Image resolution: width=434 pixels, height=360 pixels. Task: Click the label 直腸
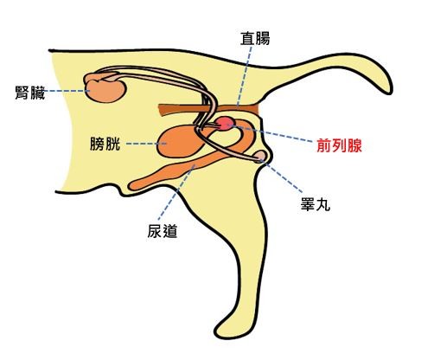pyautogui.click(x=255, y=39)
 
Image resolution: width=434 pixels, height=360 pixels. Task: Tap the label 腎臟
pyautogui.click(x=30, y=93)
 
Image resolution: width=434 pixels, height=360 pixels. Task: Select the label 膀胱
pyautogui.click(x=105, y=144)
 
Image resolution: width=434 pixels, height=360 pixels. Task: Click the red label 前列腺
pyautogui.click(x=339, y=145)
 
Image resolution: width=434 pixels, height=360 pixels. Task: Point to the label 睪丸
pyautogui.click(x=316, y=204)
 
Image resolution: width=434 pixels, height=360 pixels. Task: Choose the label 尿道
pyautogui.click(x=162, y=231)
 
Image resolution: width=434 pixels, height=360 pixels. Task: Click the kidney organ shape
pyautogui.click(x=106, y=91)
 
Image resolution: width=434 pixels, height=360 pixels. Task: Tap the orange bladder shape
pyautogui.click(x=179, y=142)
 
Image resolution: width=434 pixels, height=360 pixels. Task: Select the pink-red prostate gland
pyautogui.click(x=224, y=123)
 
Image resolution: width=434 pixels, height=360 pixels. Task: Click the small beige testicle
pyautogui.click(x=261, y=156)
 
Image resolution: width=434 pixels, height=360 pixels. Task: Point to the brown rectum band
pyautogui.click(x=209, y=109)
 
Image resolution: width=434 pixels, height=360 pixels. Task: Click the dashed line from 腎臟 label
pyautogui.click(x=67, y=91)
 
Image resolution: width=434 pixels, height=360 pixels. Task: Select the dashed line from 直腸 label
pyautogui.click(x=244, y=76)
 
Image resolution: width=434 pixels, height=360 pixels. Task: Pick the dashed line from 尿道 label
pyautogui.click(x=176, y=192)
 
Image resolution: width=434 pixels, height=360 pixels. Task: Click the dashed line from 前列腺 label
pyautogui.click(x=271, y=133)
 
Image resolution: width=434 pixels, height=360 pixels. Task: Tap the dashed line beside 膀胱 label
pyautogui.click(x=146, y=144)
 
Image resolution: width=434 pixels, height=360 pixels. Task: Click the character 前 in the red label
pyautogui.click(x=324, y=145)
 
